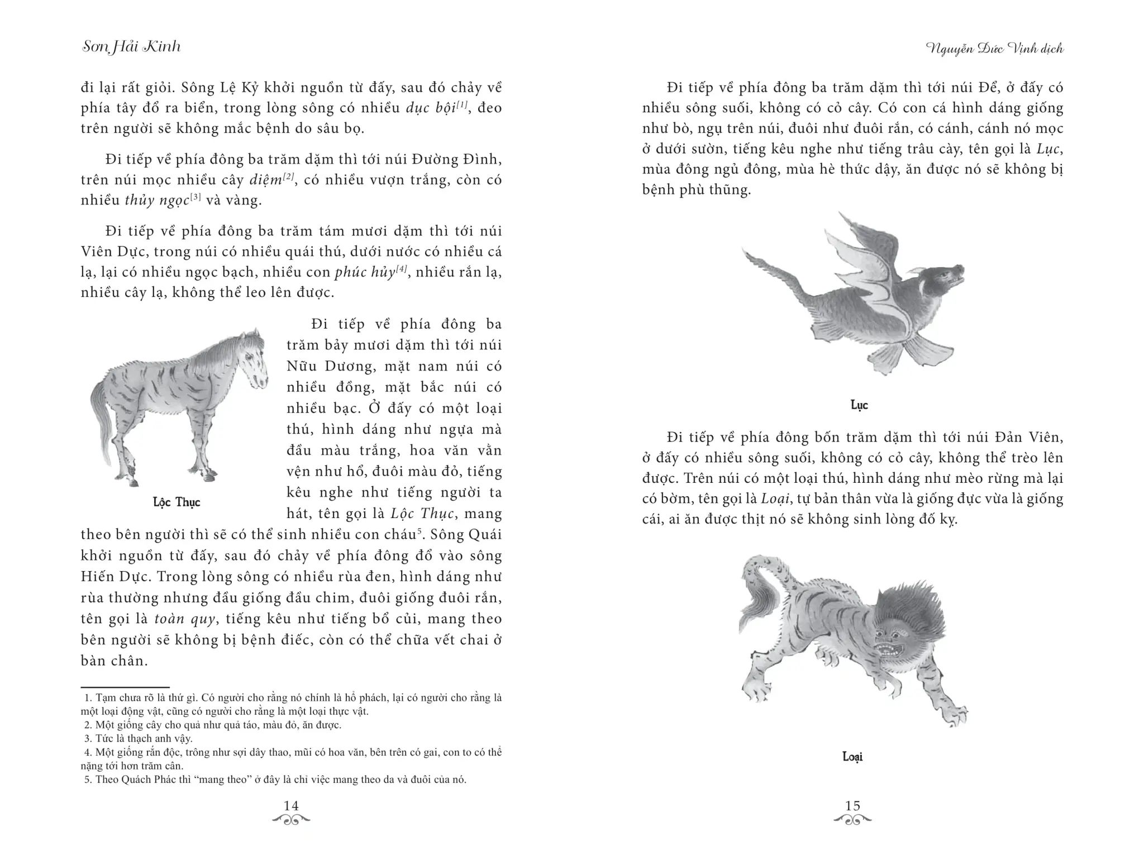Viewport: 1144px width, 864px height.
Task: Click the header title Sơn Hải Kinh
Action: pos(131,46)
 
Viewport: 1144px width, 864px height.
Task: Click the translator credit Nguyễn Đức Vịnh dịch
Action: pos(994,49)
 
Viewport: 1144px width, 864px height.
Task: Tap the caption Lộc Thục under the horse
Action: pos(177,502)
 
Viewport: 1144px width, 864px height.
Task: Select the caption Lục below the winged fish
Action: pos(859,405)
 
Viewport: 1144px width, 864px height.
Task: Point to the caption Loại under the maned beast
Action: pos(852,757)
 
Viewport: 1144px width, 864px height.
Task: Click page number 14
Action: pos(291,805)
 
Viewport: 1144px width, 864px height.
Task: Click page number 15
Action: pos(852,805)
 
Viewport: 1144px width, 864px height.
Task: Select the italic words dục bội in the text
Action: pos(430,108)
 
